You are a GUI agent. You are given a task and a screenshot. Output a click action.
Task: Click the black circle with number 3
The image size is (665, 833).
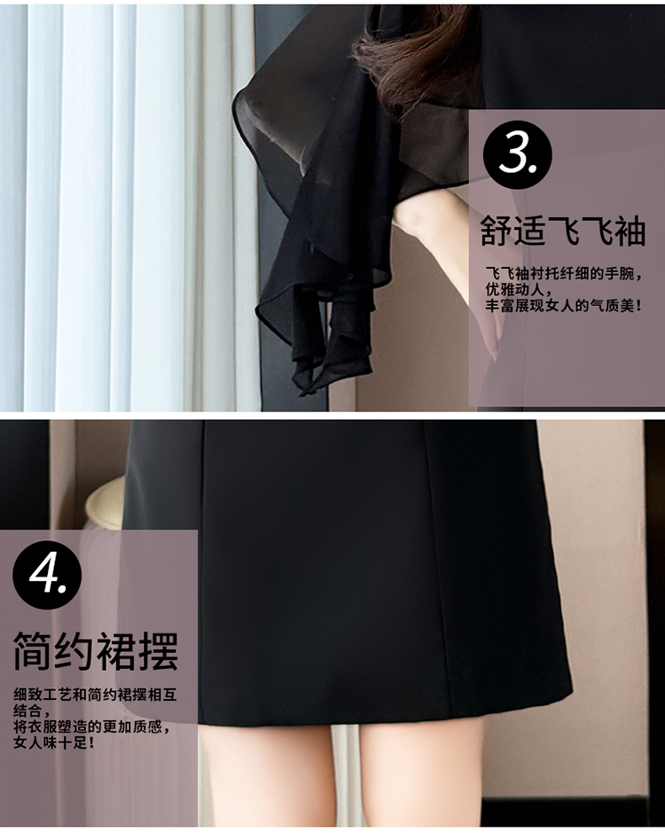click(517, 154)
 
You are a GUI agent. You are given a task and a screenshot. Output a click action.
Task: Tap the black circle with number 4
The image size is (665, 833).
click(47, 575)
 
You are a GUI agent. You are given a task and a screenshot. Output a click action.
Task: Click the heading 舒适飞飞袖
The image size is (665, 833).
click(562, 231)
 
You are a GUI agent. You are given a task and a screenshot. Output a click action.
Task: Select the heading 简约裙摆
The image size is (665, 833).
click(96, 651)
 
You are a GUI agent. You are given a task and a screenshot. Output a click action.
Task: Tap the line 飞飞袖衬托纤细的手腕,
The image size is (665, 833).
click(564, 274)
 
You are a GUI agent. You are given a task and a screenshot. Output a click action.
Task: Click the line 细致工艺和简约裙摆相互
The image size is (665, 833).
click(95, 695)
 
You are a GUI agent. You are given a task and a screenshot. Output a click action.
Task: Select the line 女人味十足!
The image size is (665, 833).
click(54, 743)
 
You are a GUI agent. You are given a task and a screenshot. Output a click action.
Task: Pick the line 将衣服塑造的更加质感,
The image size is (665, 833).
click(92, 727)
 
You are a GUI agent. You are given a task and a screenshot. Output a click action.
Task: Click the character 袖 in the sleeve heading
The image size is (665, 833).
click(630, 231)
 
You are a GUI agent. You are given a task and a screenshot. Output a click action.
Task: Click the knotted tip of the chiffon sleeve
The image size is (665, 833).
click(307, 392)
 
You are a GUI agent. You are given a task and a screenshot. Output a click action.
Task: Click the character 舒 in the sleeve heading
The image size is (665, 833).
click(497, 231)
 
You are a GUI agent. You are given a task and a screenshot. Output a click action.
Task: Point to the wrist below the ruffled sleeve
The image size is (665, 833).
click(425, 224)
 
